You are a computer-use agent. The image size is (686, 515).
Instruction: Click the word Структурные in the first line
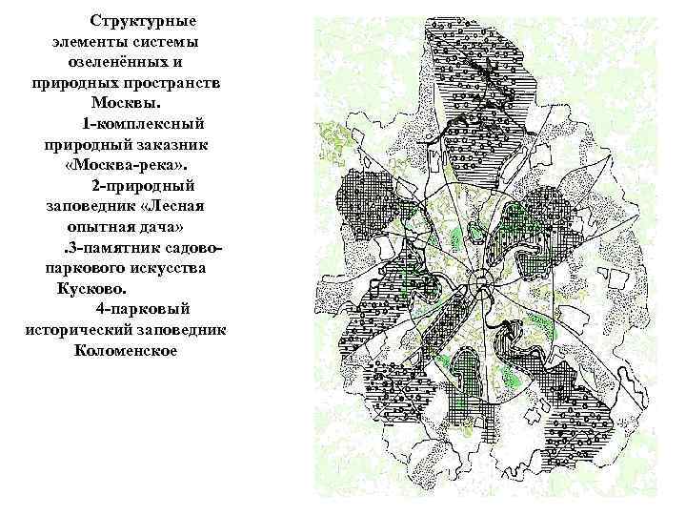[143, 20]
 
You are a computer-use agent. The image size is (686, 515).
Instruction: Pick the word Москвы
[128, 103]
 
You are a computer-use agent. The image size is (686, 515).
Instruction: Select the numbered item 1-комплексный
[143, 124]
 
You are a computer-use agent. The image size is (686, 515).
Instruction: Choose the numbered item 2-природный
[143, 185]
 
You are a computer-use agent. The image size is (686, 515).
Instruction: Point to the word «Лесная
[170, 206]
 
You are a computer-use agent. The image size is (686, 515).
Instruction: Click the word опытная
[99, 227]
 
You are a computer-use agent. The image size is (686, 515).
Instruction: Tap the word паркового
[81, 268]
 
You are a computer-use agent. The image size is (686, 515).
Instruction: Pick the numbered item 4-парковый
[143, 309]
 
